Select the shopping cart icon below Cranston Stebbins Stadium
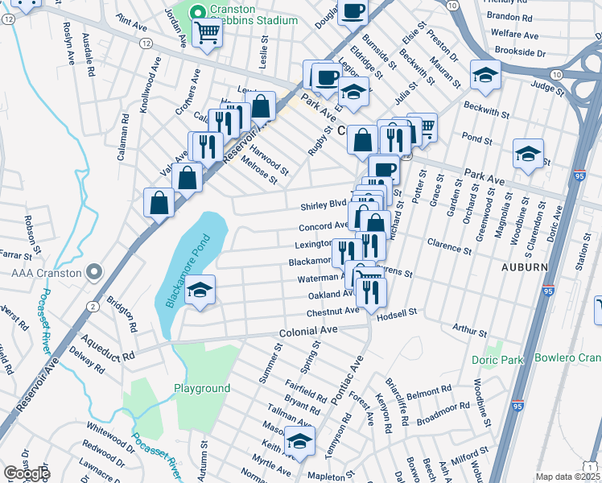(x=207, y=34)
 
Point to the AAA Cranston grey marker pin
(x=96, y=273)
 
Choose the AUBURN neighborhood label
(x=524, y=267)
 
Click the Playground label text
(x=202, y=388)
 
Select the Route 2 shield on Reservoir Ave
(x=93, y=307)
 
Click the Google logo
(x=27, y=473)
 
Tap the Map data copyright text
(x=567, y=477)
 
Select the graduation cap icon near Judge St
(x=484, y=75)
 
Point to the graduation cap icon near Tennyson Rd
(x=299, y=442)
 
